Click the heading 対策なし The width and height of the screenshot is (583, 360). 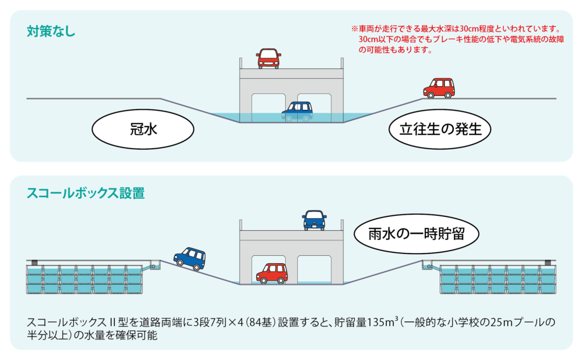(51, 31)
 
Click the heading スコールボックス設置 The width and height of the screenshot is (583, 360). (85, 194)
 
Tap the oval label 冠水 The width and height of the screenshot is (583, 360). (143, 129)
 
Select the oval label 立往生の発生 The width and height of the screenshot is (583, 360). (440, 129)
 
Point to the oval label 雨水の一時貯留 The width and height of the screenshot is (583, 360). (416, 234)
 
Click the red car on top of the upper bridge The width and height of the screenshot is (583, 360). (268, 59)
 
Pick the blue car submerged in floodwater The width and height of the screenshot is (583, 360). (297, 111)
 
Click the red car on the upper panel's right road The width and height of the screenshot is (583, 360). (439, 88)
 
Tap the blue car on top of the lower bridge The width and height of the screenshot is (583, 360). (314, 220)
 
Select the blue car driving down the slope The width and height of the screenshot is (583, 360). (190, 258)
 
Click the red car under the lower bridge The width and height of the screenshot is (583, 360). (272, 273)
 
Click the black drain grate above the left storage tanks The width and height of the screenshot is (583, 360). (35, 263)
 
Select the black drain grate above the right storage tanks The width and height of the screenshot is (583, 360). (548, 263)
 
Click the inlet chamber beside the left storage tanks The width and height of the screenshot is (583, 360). (154, 265)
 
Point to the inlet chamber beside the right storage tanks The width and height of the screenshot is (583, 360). (428, 265)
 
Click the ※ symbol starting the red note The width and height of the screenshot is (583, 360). (354, 28)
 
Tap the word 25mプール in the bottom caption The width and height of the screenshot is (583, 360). (519, 322)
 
